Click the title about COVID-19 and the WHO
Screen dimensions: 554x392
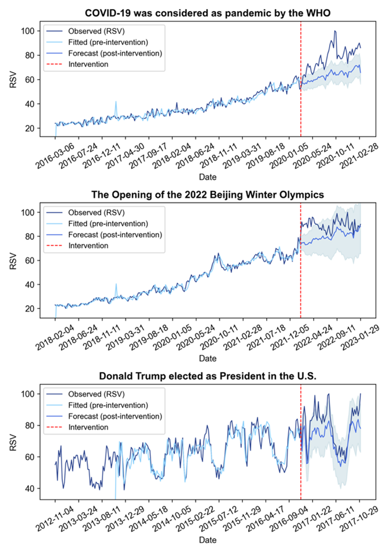[x=207, y=12]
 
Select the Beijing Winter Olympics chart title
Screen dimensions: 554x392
[x=207, y=194]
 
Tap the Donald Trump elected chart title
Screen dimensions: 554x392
[x=207, y=377]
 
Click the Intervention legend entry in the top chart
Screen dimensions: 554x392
[x=88, y=64]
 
